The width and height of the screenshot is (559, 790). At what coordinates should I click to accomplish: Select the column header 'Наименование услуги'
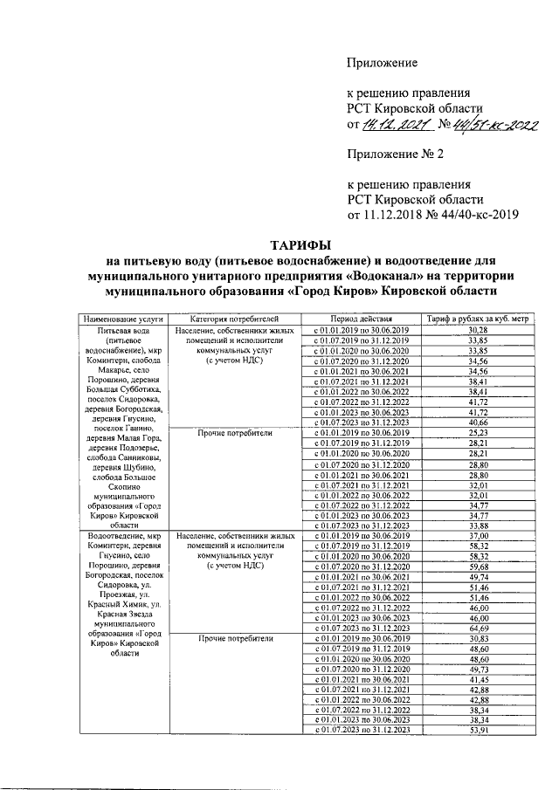pyautogui.click(x=123, y=319)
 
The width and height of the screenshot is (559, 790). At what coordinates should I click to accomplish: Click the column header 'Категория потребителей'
pyautogui.click(x=233, y=319)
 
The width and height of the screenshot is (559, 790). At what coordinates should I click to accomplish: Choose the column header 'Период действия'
pyautogui.click(x=362, y=319)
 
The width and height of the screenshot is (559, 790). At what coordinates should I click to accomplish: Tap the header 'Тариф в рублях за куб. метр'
pyautogui.click(x=476, y=319)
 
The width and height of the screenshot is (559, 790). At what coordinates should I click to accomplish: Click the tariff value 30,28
pyautogui.click(x=477, y=331)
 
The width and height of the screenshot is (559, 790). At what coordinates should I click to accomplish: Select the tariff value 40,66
pyautogui.click(x=477, y=421)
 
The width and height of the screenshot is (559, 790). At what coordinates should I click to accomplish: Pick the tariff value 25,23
pyautogui.click(x=477, y=431)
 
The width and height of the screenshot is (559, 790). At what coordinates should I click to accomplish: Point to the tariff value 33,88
pyautogui.click(x=477, y=525)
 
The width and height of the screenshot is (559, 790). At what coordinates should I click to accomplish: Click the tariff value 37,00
pyautogui.click(x=477, y=535)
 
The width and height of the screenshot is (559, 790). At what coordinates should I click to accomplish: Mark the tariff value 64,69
pyautogui.click(x=477, y=627)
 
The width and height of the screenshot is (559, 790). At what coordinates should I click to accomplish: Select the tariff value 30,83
pyautogui.click(x=477, y=638)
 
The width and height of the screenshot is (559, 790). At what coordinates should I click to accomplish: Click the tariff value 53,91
pyautogui.click(x=477, y=730)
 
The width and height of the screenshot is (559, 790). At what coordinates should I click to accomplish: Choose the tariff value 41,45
pyautogui.click(x=477, y=679)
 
